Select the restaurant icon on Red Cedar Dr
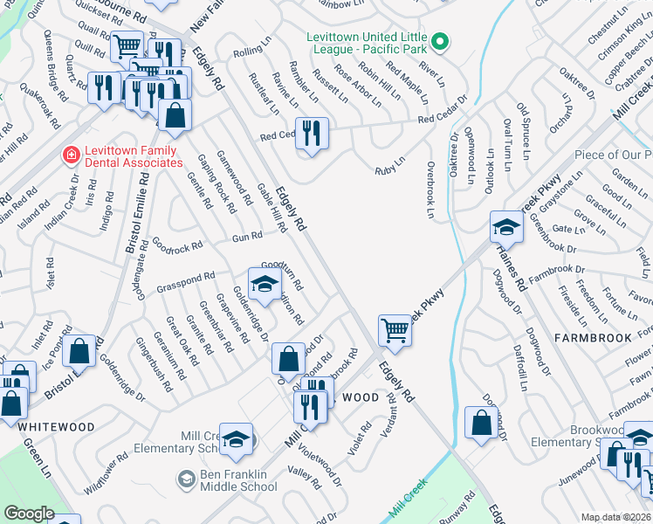pos(312,134)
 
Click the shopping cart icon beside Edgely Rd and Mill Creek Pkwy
pos(395,331)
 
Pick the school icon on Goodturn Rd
pos(265,283)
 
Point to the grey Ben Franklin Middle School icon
pos(185,478)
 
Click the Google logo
pos(29,514)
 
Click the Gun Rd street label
pos(247,236)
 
